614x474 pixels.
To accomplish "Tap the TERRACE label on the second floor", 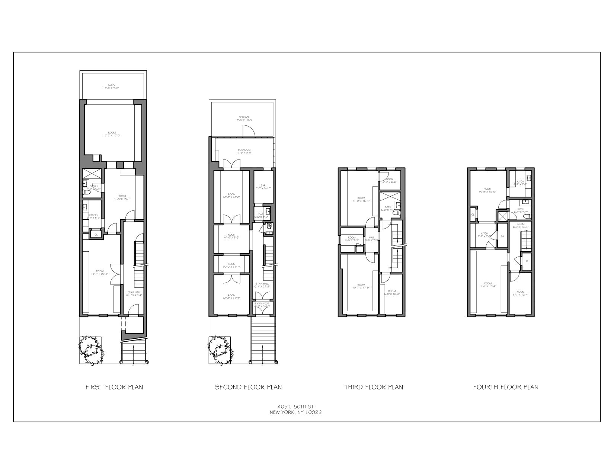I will [x=244, y=117].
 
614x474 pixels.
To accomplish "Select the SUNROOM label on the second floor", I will [x=244, y=150].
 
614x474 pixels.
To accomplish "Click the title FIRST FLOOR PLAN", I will [x=114, y=387].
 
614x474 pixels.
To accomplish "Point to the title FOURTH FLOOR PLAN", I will [x=506, y=387].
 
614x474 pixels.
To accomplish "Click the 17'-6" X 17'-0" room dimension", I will [x=112, y=136].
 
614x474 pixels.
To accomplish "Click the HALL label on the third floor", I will [x=371, y=237].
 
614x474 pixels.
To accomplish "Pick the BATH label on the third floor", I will [x=388, y=207].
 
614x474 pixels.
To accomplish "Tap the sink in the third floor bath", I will [x=398, y=205].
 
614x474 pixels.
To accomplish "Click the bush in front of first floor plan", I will [x=91, y=350].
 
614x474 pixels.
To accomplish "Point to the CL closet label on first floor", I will [x=96, y=235].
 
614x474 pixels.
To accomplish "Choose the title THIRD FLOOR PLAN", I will [x=374, y=387].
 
